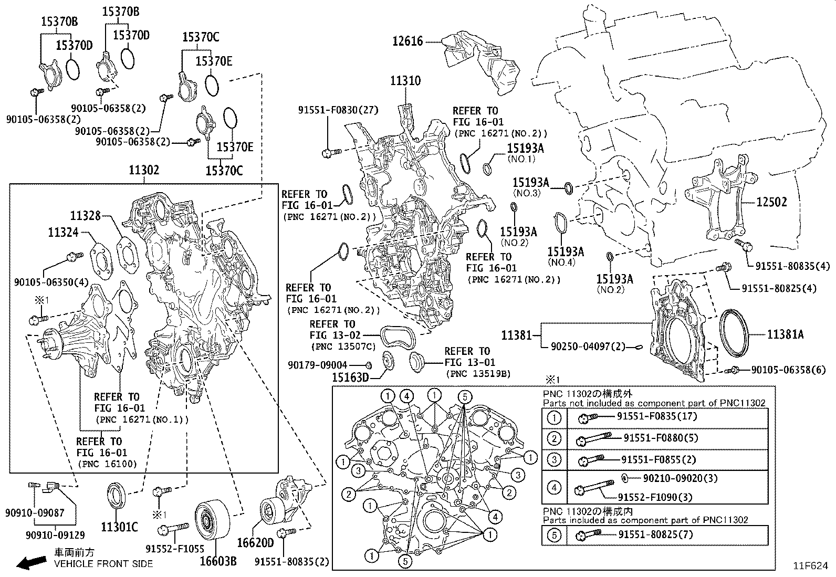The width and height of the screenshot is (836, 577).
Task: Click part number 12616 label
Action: (x=407, y=41)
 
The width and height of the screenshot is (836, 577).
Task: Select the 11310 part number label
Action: (x=405, y=81)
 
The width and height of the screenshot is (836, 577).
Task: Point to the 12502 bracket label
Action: (x=771, y=202)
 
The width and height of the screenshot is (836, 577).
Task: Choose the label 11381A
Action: (x=785, y=334)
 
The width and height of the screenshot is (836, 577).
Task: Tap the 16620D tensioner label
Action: (x=256, y=542)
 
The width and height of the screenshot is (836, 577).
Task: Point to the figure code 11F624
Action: (x=810, y=566)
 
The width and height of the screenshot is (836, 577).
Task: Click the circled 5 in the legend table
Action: (x=554, y=535)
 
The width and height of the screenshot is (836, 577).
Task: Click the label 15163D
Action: (x=350, y=377)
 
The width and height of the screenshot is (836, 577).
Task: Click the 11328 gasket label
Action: (x=86, y=215)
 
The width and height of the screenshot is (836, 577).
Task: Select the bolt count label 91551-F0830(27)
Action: (x=338, y=110)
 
